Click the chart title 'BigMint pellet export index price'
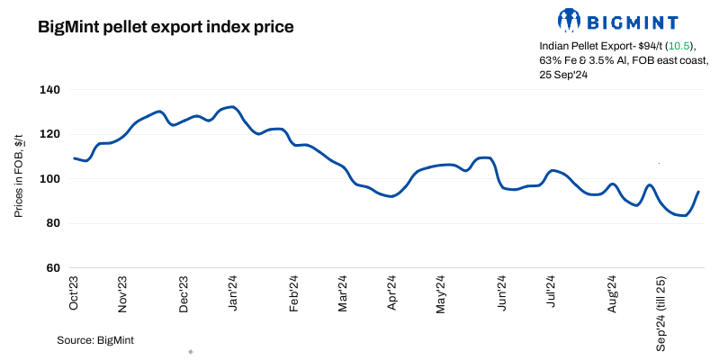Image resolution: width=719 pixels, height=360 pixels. (x=166, y=27)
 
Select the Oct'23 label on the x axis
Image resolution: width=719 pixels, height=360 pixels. (x=75, y=292)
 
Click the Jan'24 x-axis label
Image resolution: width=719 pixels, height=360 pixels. (x=233, y=292)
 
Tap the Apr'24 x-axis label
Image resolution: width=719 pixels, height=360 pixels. (x=391, y=292)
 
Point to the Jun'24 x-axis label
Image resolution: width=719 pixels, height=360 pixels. (x=502, y=292)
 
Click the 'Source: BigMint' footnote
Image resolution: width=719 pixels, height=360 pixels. (x=95, y=340)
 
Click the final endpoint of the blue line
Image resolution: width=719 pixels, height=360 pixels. (x=698, y=192)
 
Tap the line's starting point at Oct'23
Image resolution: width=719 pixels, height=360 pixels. (x=74, y=158)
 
